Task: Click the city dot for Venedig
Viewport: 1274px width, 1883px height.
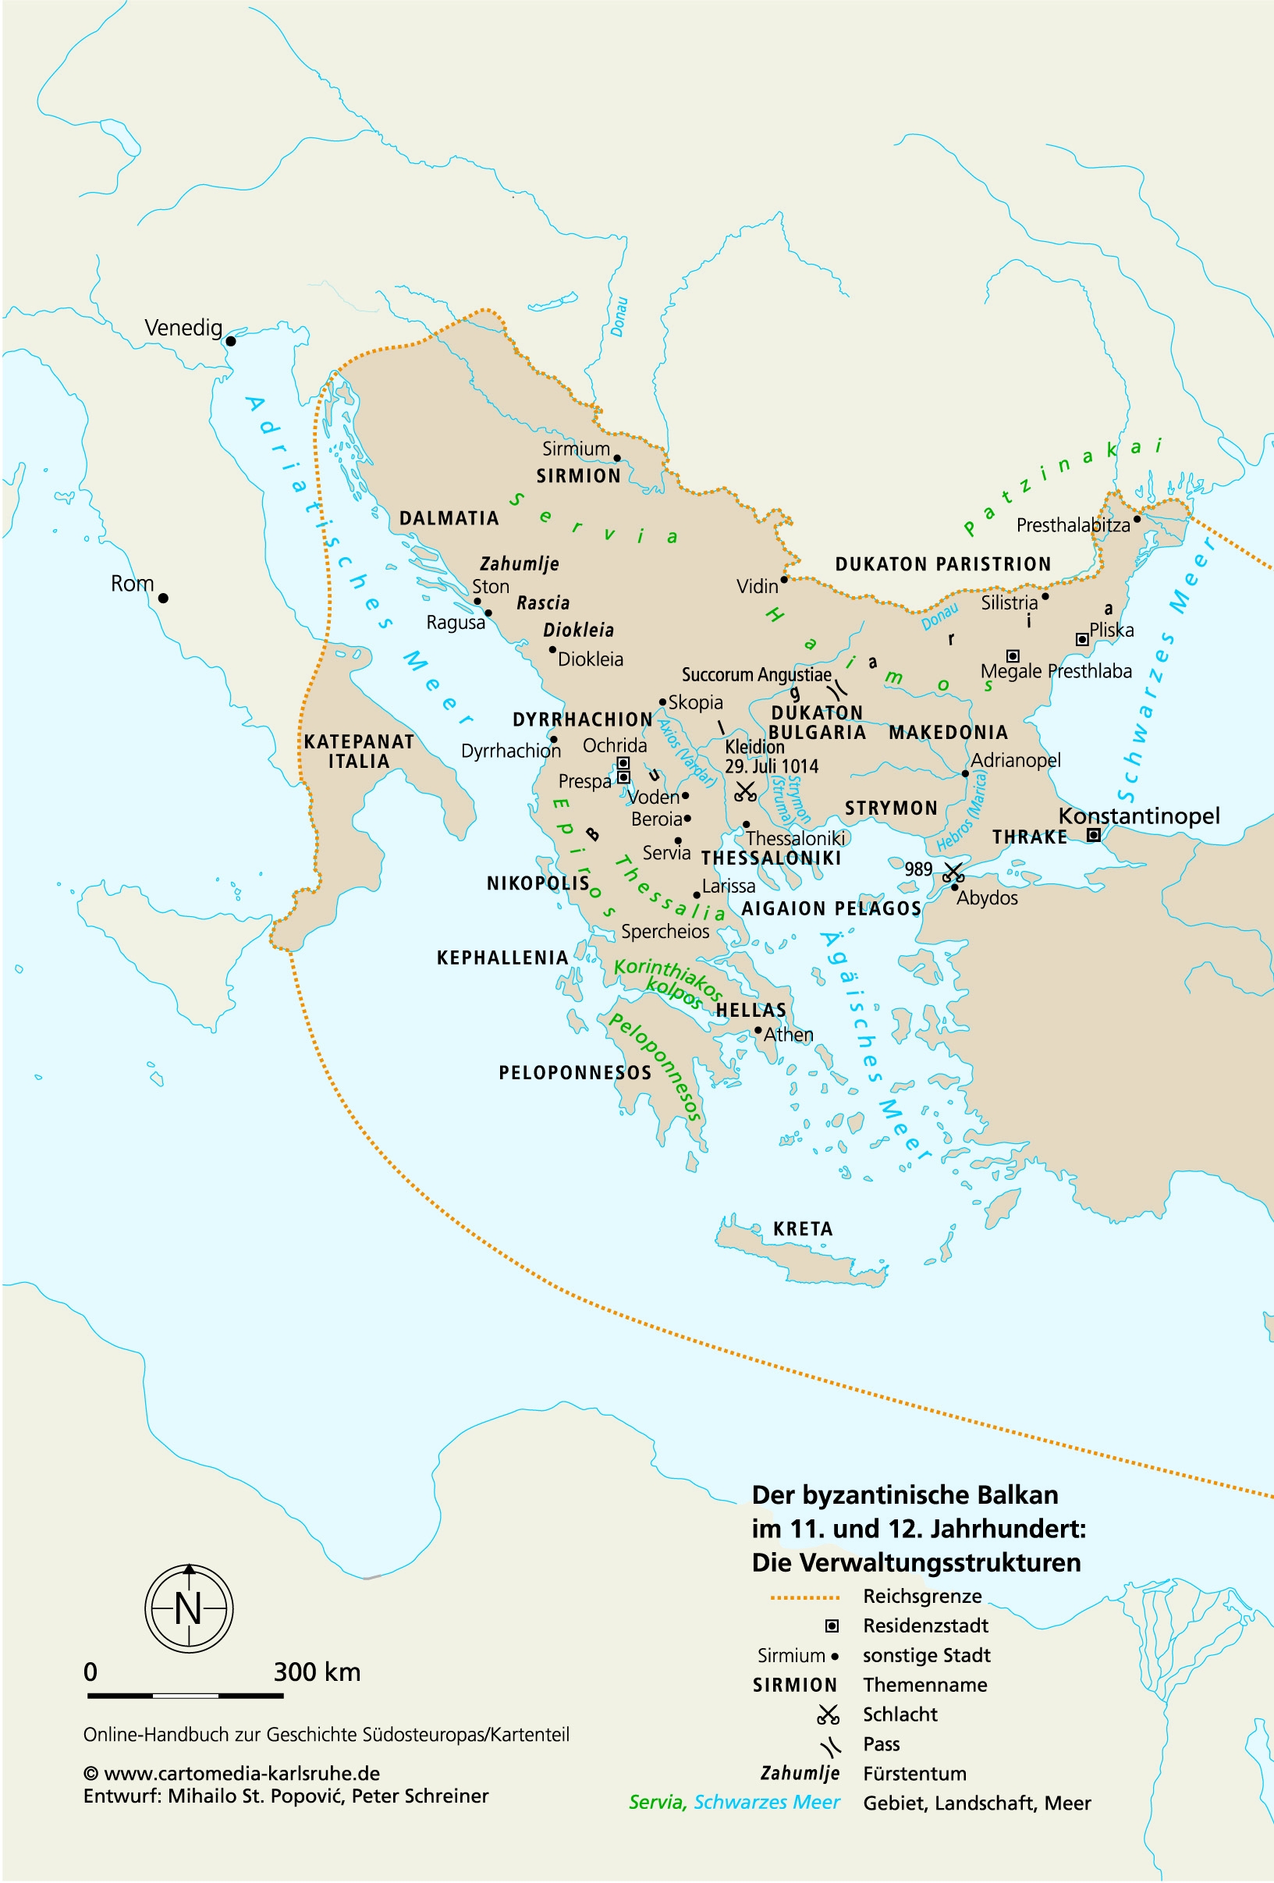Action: [x=231, y=341]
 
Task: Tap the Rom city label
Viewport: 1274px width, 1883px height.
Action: [x=132, y=584]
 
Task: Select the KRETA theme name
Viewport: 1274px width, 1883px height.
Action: [x=802, y=1229]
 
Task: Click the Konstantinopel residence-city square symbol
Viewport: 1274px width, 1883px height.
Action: [x=1092, y=834]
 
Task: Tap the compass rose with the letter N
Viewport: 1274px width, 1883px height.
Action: [x=189, y=1608]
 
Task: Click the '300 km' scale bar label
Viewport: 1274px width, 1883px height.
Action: [x=317, y=1672]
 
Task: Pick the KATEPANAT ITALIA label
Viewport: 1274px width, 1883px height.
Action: [x=359, y=751]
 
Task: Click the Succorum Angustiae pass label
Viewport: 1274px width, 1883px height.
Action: [x=756, y=675]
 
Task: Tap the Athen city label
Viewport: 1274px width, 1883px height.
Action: [x=788, y=1035]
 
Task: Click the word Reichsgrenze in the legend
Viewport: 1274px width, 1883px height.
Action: [x=921, y=1596]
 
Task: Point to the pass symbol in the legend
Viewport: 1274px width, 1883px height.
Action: [x=829, y=1744]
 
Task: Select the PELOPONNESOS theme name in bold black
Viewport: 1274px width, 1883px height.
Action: [x=574, y=1073]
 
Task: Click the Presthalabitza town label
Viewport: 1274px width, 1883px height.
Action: [x=1073, y=525]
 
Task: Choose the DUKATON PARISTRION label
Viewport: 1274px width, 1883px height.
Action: [x=942, y=564]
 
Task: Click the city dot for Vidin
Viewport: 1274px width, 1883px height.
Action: [x=784, y=580]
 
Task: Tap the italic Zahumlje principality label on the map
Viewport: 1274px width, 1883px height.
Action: [x=519, y=564]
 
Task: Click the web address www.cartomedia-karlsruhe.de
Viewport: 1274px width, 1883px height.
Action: [x=241, y=1774]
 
